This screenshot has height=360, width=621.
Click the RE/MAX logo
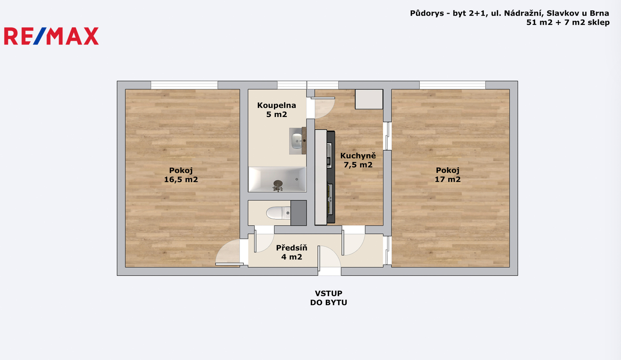[x=51, y=36]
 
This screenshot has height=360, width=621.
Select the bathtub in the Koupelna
[x=277, y=179]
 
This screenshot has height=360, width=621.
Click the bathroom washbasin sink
[x=297, y=141]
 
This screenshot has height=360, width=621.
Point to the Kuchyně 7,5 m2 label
[x=358, y=160]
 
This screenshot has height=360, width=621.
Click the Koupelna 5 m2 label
[x=277, y=110]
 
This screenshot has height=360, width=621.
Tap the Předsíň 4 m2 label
[x=291, y=252]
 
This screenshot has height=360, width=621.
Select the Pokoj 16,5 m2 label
[x=181, y=175]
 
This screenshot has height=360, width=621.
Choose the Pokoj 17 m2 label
[x=448, y=175]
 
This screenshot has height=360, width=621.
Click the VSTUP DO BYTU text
[x=328, y=298]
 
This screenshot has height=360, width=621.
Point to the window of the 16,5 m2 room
[x=184, y=85]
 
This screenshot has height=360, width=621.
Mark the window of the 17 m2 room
[x=453, y=85]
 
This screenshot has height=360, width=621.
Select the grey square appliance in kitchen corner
[x=369, y=99]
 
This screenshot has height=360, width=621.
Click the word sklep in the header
[x=598, y=22]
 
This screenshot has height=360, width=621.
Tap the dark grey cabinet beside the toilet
[x=298, y=213]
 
